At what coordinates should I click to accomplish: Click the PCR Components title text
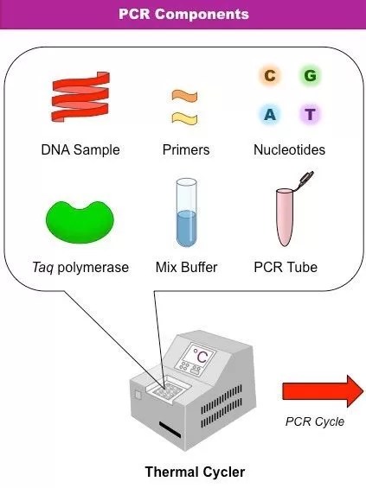(x=183, y=14)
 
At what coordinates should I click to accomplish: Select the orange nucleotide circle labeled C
(x=270, y=76)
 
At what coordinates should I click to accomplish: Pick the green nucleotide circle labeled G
(x=310, y=76)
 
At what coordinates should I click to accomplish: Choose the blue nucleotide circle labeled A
(x=270, y=114)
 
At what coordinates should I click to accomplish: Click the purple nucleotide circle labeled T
(x=310, y=114)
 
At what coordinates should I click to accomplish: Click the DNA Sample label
(x=80, y=150)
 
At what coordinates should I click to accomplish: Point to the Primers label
(x=186, y=150)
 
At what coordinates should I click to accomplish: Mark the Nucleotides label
(x=289, y=150)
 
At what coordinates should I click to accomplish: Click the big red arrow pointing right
(x=322, y=390)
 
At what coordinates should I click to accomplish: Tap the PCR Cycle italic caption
(x=315, y=421)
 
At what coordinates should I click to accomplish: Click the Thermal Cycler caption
(x=195, y=472)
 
